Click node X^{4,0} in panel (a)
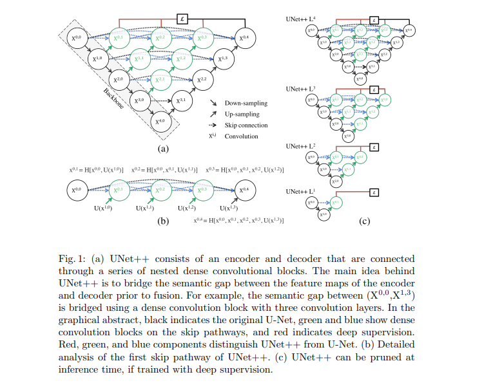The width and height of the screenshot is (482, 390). [x=160, y=120]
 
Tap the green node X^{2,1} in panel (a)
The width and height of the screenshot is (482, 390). [x=160, y=80]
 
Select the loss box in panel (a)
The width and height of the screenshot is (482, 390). [x=182, y=19]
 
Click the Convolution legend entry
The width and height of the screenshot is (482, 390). [x=240, y=136]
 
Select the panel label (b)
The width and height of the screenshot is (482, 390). [x=164, y=221]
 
